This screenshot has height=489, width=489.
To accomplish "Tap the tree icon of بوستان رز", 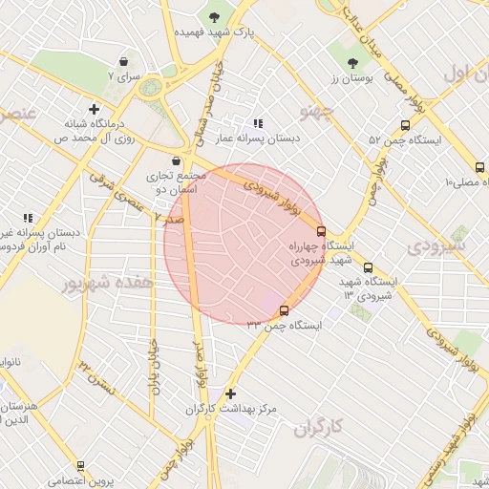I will click(354, 62).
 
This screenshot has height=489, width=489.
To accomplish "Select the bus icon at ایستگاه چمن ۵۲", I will click(406, 124).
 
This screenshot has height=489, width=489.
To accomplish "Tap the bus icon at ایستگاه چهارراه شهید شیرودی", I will click(320, 230).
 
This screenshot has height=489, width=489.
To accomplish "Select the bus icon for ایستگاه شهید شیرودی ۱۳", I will click(369, 268).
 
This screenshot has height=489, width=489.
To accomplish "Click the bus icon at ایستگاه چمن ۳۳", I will click(284, 309).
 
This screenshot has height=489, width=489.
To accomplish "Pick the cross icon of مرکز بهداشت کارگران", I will click(230, 393).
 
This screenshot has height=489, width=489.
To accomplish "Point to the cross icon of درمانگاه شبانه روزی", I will click(94, 109).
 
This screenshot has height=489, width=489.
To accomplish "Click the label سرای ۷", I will click(123, 74).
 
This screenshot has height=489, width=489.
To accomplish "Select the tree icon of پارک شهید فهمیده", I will click(213, 15).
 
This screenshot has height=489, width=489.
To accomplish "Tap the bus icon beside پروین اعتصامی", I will click(80, 465).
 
